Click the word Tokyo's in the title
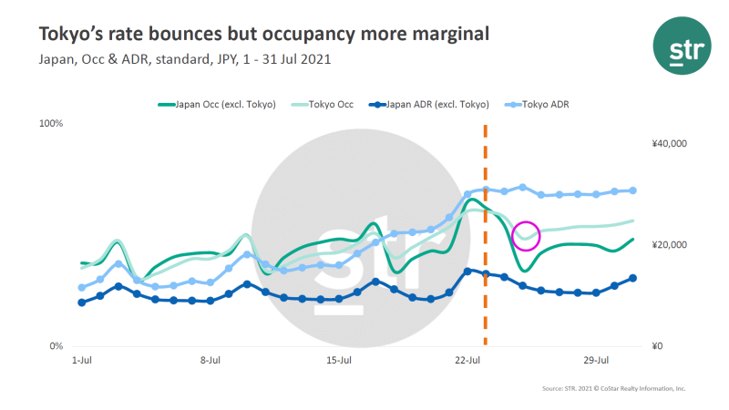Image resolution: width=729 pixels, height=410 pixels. tap(67, 34)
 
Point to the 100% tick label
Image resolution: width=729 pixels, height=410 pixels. tap(50, 123)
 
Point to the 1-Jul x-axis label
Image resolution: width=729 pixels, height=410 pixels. tap(82, 361)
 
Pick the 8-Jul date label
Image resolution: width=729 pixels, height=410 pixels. tap(210, 361)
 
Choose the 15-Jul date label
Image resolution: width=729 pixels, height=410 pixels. tap(339, 361)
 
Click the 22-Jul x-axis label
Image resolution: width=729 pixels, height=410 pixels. tap(467, 361)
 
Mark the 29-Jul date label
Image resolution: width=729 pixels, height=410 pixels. tap(596, 361)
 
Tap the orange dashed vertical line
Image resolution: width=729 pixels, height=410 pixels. tap(485, 273)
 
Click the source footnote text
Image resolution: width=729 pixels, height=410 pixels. tap(614, 389)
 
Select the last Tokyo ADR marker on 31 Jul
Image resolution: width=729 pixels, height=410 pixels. tap(632, 190)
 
